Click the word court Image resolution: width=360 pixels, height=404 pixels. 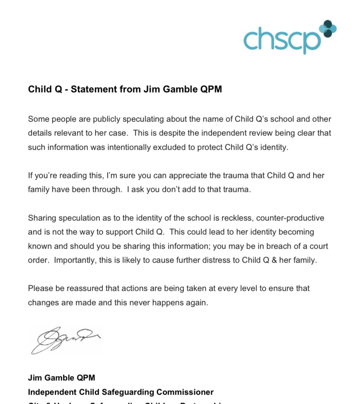[x=319, y=246]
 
